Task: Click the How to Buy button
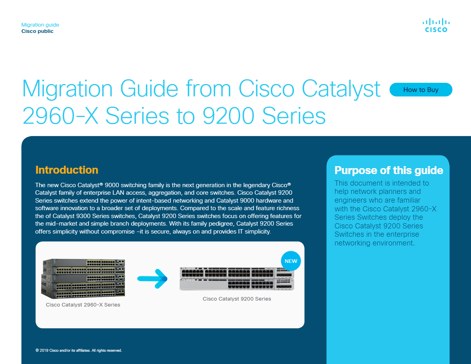[x=421, y=90]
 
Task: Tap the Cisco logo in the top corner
[x=435, y=25]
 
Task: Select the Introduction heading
[x=67, y=170]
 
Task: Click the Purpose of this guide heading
[x=389, y=171]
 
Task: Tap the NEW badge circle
[x=291, y=261]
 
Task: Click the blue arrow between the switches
[x=153, y=278]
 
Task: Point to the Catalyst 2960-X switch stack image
[x=83, y=278]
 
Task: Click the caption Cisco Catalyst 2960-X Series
[x=83, y=305]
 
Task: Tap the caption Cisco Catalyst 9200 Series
[x=237, y=299]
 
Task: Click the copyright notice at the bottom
[x=78, y=351]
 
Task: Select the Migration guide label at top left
[x=40, y=25]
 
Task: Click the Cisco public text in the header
[x=37, y=31]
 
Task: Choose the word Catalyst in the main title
[x=342, y=89]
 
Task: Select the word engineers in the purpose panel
[x=351, y=200]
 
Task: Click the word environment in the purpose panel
[x=392, y=243]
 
